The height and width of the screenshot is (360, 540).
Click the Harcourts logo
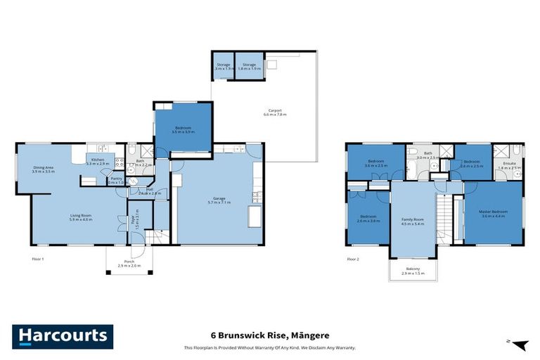click(62, 335)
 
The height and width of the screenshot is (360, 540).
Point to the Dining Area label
click(44, 169)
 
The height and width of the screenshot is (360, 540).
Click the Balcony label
click(413, 269)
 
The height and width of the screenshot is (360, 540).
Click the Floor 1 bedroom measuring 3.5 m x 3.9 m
click(183, 129)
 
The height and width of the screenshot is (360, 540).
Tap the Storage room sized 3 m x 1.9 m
click(223, 67)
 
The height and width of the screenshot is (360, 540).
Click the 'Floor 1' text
click(38, 259)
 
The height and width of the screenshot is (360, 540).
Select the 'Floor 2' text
click(354, 259)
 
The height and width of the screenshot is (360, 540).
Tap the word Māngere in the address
click(309, 335)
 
